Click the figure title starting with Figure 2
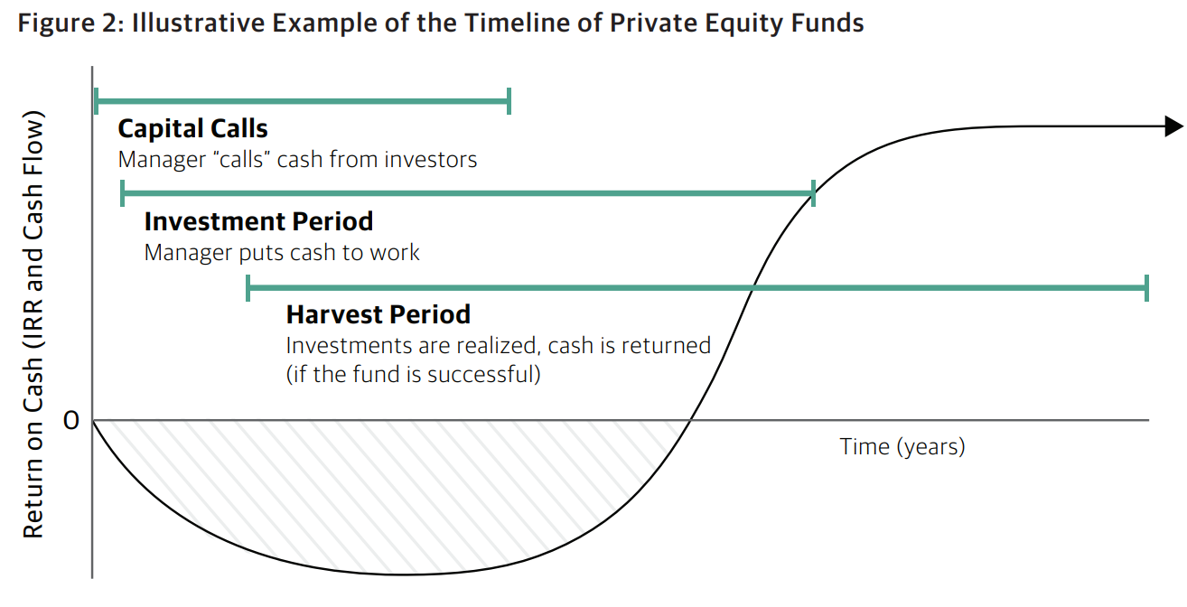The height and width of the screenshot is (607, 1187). (441, 23)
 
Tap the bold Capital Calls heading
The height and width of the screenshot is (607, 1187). (193, 128)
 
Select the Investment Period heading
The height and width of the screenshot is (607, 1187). (258, 221)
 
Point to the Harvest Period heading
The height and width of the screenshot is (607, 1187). (379, 314)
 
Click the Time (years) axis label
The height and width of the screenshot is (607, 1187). (902, 446)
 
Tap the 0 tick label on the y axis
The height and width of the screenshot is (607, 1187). (71, 421)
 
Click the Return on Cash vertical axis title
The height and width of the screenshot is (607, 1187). (33, 324)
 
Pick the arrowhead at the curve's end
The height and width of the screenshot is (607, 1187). (1173, 126)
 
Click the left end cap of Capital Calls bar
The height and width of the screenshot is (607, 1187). (96, 101)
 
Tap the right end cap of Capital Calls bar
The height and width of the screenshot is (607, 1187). (509, 101)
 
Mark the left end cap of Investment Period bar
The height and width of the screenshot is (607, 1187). (123, 193)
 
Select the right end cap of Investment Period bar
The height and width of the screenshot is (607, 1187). (813, 193)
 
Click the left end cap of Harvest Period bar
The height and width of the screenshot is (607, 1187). (248, 288)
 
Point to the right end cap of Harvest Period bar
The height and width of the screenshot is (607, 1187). (1146, 288)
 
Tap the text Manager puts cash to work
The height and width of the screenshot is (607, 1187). (282, 253)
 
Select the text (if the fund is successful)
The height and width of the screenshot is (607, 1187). (414, 375)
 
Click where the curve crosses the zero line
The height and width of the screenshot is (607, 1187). (690, 421)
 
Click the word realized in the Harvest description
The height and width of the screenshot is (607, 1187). (499, 346)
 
